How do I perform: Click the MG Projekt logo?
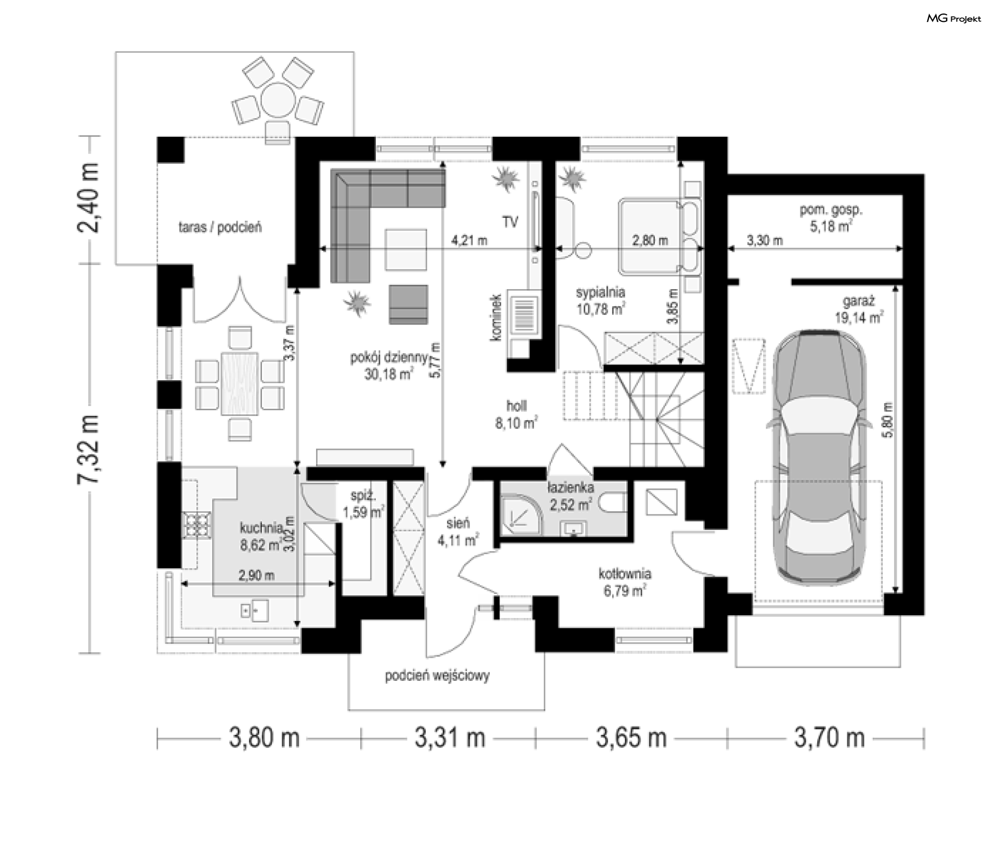(954, 19)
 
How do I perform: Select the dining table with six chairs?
(240, 384)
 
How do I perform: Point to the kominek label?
(496, 316)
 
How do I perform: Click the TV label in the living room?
(510, 222)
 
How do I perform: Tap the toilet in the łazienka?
(611, 503)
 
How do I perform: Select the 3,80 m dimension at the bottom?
(265, 738)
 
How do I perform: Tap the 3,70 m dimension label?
(830, 738)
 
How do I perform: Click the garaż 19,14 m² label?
(859, 310)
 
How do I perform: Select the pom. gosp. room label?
(831, 218)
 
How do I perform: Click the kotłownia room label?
(624, 582)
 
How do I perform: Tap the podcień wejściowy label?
(437, 676)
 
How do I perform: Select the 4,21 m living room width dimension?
(469, 241)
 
